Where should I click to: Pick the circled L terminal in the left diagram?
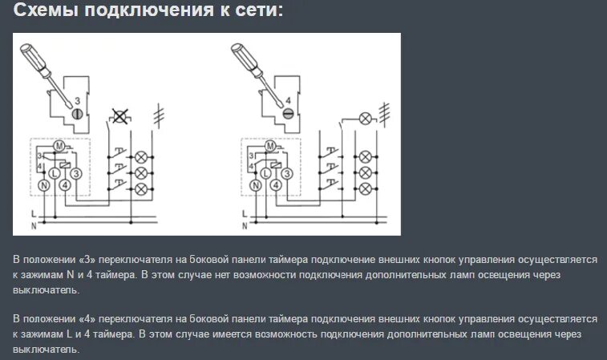[55, 173]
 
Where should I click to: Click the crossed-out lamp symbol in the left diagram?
[120, 116]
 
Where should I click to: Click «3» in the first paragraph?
[88, 259]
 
